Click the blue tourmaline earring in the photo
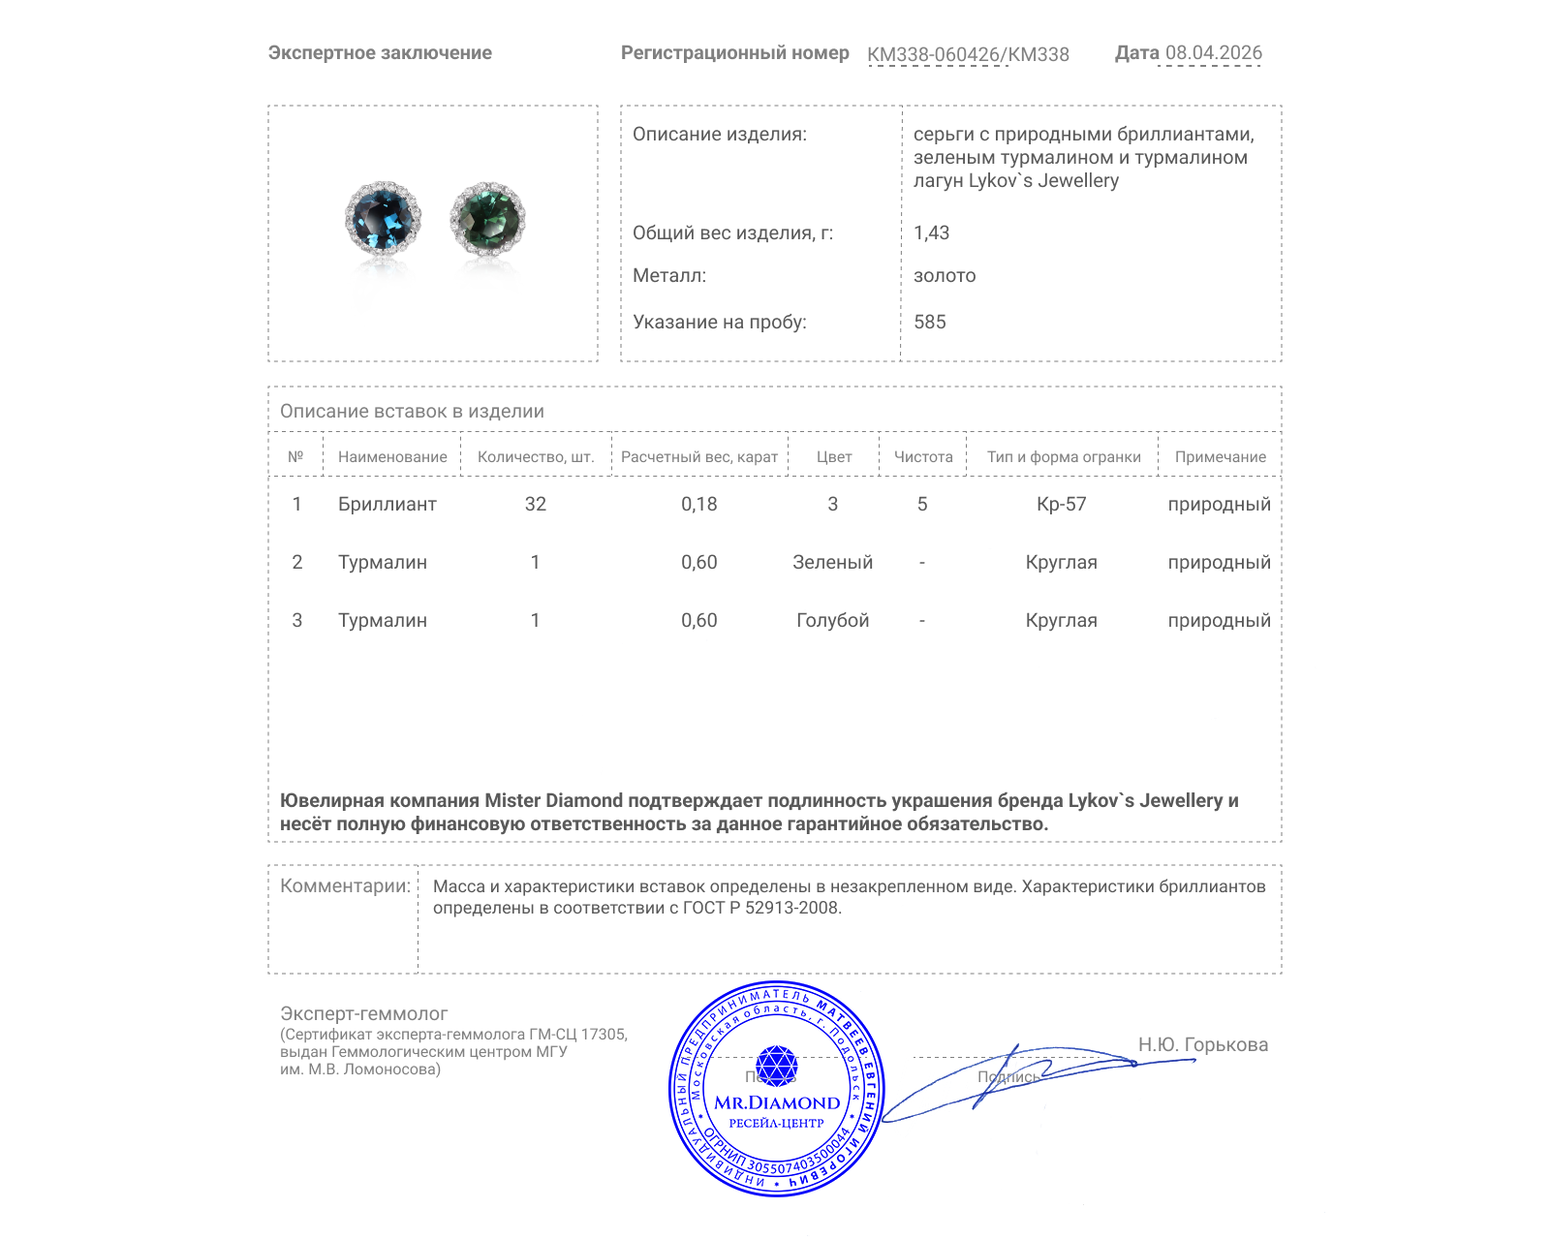coord(383,218)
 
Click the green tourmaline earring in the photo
coord(487,219)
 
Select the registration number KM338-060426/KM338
coord(968,54)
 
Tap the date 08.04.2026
coord(1213,53)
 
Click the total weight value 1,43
coord(931,232)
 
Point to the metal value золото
coord(945,275)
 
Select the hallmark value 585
coord(929,322)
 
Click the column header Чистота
coord(923,456)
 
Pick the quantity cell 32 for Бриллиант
coord(535,504)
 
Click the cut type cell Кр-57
coord(1061,504)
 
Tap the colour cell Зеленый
coord(832,562)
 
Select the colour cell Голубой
coord(832,620)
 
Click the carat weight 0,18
coord(698,504)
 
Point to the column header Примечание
coord(1220,456)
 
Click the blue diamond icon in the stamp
coord(776,1066)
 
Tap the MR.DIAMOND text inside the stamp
coord(777,1102)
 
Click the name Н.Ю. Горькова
coord(1202,1044)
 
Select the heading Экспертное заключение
coord(380,53)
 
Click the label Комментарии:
coord(345,885)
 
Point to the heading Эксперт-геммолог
coord(363,1013)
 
